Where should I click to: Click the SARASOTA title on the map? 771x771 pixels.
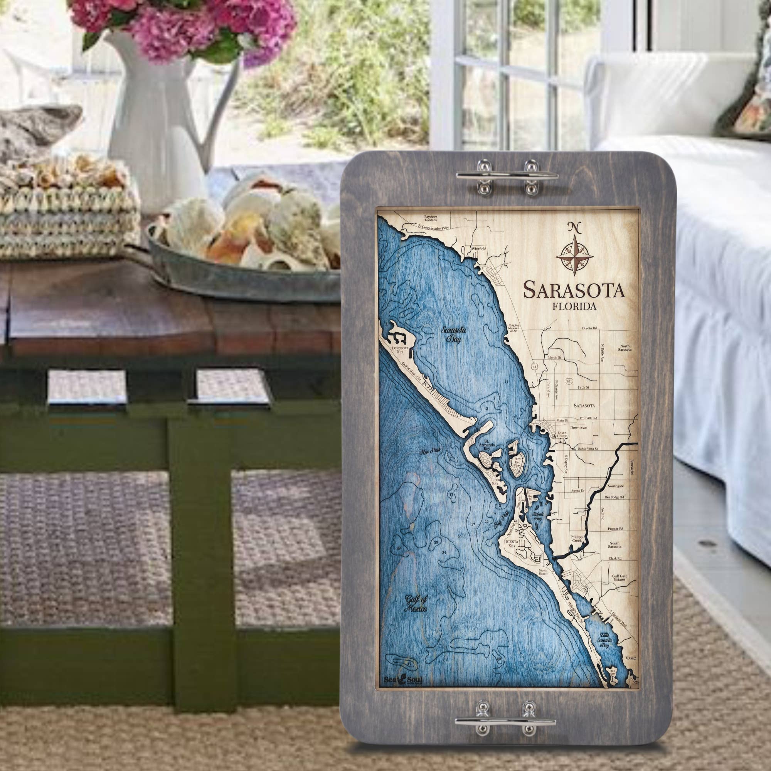point(574,290)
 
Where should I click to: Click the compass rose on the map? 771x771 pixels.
point(574,254)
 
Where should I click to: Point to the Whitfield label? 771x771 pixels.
point(479,248)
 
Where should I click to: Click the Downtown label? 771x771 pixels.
point(579,428)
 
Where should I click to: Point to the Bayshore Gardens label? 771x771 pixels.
point(429,218)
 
